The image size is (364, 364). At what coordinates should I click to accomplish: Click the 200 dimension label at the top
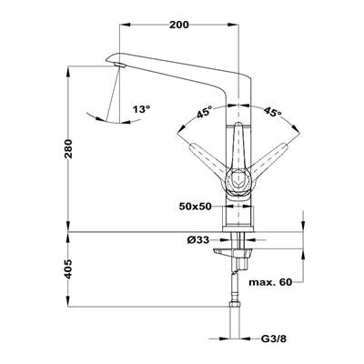tap(179, 25)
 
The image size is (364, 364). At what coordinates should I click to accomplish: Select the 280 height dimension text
tap(69, 149)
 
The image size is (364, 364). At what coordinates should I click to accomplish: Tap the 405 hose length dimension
tap(68, 268)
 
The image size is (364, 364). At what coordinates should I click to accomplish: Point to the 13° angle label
tap(141, 109)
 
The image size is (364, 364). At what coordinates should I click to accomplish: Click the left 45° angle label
tap(204, 112)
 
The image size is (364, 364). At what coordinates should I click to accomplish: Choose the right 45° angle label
tap(273, 112)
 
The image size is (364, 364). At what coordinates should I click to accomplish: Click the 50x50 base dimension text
tap(195, 207)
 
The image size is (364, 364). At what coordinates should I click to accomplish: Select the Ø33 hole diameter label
tap(198, 240)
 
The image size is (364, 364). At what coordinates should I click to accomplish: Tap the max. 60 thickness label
tap(270, 282)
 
